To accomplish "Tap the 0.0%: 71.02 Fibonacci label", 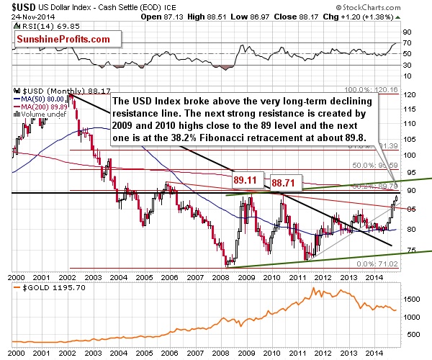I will (382, 265).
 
